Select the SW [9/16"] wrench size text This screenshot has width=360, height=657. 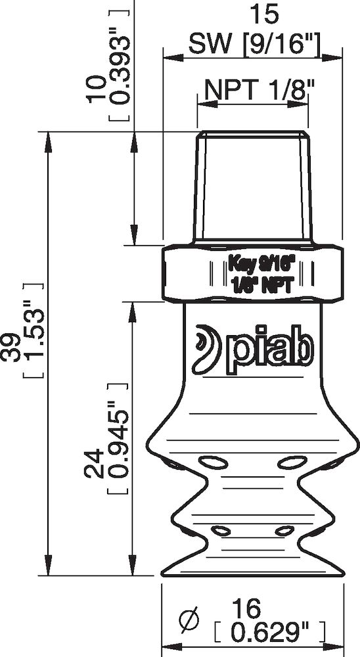254,45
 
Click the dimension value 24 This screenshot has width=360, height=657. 94,464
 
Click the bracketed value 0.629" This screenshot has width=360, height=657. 270,633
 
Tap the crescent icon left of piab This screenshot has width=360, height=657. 209,346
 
